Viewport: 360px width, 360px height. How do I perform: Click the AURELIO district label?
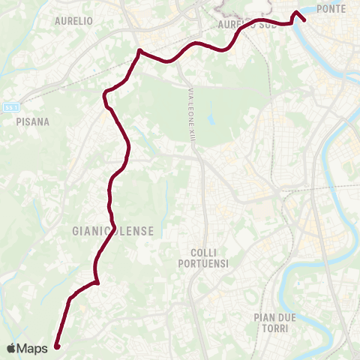coord(73,22)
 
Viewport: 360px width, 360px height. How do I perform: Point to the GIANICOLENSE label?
coord(114,232)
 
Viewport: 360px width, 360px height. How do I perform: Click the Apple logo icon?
coord(12,348)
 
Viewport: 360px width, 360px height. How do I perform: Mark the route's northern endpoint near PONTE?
coord(304,20)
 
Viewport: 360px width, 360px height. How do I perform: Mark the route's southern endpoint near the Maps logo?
coord(56,346)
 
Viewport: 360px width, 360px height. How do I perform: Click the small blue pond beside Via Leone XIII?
coord(211,119)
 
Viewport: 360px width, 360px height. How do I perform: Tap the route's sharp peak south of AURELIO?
coord(139,51)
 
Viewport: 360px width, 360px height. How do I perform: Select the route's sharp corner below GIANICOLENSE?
coord(97,283)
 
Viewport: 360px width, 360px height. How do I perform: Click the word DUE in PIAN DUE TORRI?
coord(287,317)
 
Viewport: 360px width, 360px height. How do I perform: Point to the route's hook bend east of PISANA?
coord(106,93)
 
